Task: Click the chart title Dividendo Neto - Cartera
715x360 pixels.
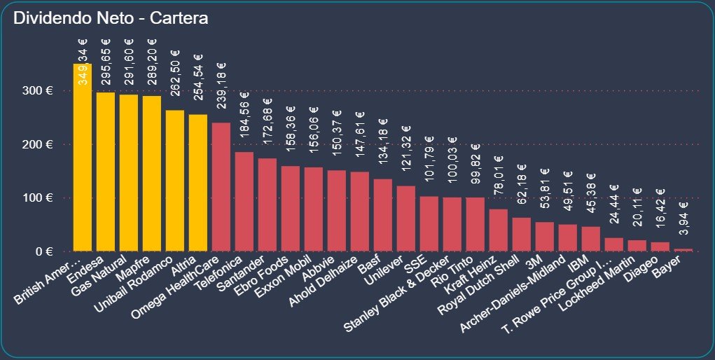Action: coord(111,19)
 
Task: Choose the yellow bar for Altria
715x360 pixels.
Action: coord(198,183)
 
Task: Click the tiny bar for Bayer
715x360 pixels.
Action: coord(683,249)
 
